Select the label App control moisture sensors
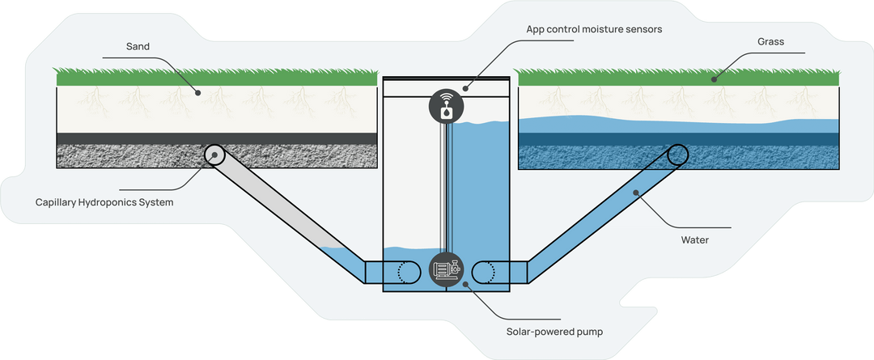pyautogui.click(x=594, y=29)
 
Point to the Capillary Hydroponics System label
pyautogui.click(x=104, y=201)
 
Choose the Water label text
pyautogui.click(x=696, y=239)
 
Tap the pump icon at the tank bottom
pyautogui.click(x=444, y=269)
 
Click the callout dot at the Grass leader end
pyautogui.click(x=714, y=79)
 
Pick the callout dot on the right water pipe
pyautogui.click(x=636, y=192)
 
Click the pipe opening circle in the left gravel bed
pyautogui.click(x=215, y=155)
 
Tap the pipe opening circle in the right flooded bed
pyautogui.click(x=677, y=155)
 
